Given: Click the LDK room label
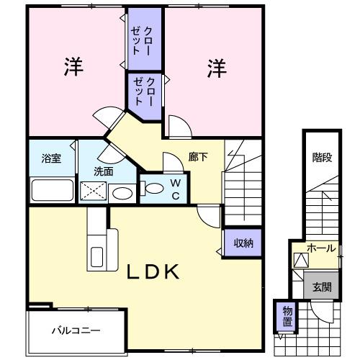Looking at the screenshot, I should click(153, 271).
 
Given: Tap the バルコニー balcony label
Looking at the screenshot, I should click(76, 331).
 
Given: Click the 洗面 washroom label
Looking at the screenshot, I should click(103, 171).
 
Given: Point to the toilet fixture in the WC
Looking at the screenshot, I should click(153, 189).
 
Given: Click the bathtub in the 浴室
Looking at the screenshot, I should click(52, 191).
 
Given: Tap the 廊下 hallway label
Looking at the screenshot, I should click(199, 156).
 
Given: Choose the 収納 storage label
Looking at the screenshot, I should click(242, 243).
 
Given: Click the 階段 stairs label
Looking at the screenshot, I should click(322, 158).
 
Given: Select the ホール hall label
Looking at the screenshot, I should click(320, 248).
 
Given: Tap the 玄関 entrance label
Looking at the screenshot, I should click(321, 286).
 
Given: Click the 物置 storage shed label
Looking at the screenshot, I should click(287, 315).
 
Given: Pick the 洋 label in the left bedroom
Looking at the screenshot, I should click(73, 68).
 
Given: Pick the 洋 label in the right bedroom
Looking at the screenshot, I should click(217, 68).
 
